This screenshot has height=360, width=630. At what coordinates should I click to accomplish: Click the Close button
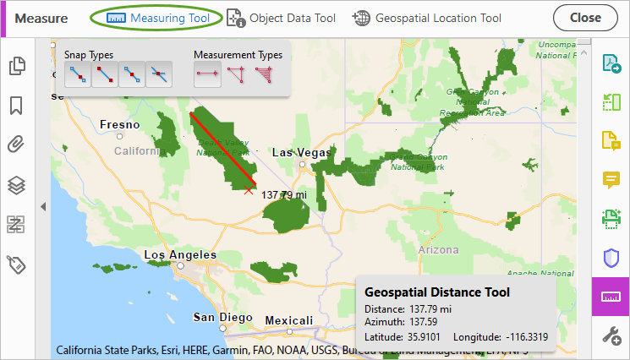pos(585,18)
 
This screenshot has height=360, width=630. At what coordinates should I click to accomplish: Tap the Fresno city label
pos(119,124)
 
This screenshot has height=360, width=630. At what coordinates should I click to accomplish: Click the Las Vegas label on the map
pos(301,152)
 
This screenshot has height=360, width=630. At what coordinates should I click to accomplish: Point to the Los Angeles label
pos(180,254)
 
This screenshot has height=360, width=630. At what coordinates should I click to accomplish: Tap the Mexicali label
pos(289,320)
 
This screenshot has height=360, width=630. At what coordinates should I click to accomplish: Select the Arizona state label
pos(440,249)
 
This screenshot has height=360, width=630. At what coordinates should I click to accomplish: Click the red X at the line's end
pos(248,192)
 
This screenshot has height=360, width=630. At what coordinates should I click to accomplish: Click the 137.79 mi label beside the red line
pos(282,194)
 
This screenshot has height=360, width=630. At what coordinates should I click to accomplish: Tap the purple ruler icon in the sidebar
pos(611,297)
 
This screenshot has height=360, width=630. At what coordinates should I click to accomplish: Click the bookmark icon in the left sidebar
pos(16,106)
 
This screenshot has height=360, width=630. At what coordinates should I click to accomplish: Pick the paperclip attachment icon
pos(16,145)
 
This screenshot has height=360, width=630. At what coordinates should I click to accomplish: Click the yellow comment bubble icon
pos(611,179)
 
